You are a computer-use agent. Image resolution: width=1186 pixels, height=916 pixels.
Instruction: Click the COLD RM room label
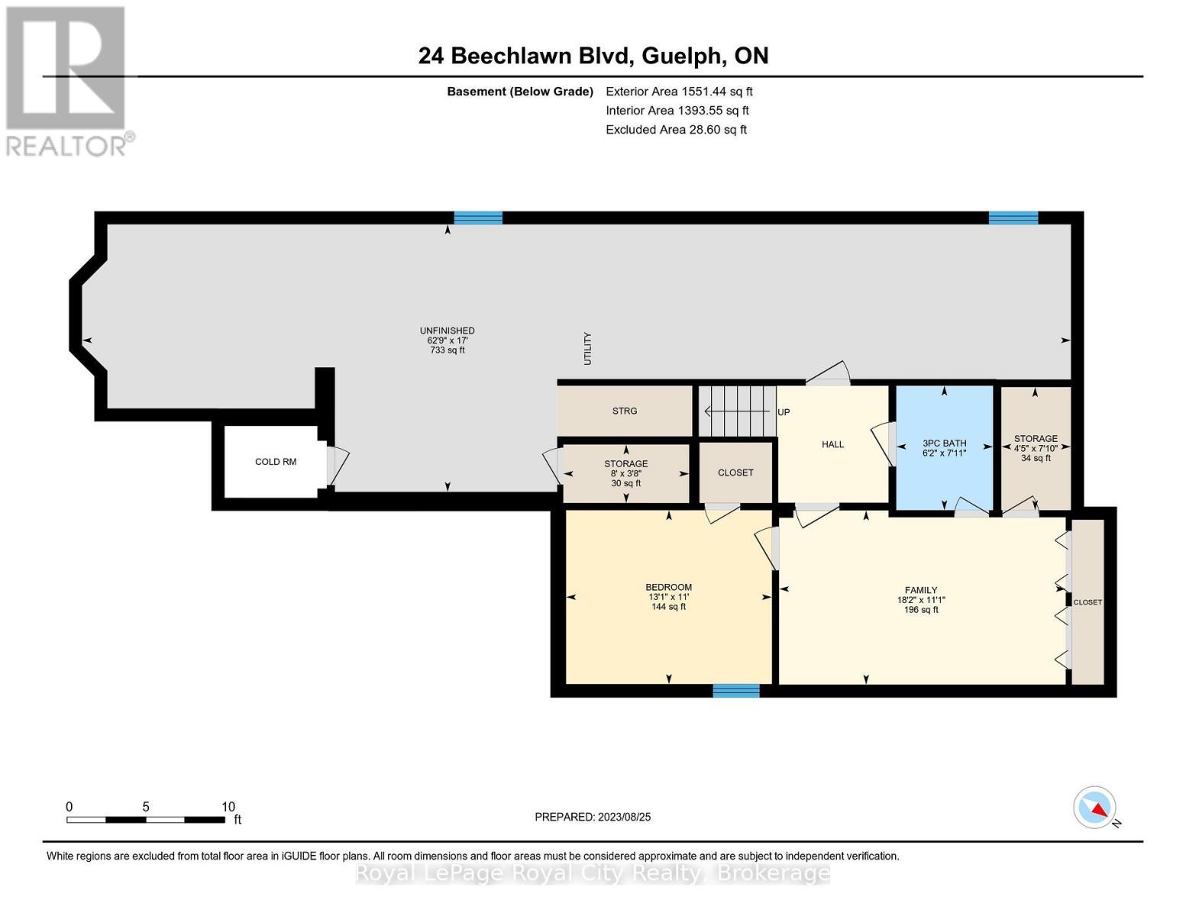[275, 462]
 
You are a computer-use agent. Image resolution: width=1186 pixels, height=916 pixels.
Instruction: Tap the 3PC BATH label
[944, 443]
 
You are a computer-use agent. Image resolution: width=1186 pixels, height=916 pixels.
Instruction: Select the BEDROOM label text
[668, 587]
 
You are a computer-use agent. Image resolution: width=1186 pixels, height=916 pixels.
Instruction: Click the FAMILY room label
[921, 590]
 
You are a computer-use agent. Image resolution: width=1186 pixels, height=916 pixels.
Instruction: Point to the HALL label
[832, 444]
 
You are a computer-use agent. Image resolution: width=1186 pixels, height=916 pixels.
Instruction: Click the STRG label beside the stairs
[624, 411]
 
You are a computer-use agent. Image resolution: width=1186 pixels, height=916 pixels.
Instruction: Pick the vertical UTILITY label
[587, 348]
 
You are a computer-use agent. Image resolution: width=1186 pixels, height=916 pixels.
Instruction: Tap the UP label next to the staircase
[784, 412]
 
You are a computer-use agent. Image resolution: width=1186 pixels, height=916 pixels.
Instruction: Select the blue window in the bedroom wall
[736, 691]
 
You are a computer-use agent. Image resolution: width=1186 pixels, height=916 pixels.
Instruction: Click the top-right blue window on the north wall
[1013, 218]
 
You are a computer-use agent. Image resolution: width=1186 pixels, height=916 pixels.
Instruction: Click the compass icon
[1094, 808]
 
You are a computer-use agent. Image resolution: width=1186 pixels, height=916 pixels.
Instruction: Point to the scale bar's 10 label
[228, 807]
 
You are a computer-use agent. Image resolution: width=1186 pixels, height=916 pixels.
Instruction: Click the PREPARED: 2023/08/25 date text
[593, 817]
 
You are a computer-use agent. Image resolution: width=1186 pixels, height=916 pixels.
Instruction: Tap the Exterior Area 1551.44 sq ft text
[679, 91]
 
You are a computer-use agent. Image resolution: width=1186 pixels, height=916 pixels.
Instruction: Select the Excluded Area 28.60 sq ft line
[676, 129]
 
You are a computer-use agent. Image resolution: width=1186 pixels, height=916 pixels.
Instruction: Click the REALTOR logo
[67, 80]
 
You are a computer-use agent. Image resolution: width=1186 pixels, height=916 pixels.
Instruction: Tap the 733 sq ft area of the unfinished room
[447, 350]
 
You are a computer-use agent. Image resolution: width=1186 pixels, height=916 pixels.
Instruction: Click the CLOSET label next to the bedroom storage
[735, 473]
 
